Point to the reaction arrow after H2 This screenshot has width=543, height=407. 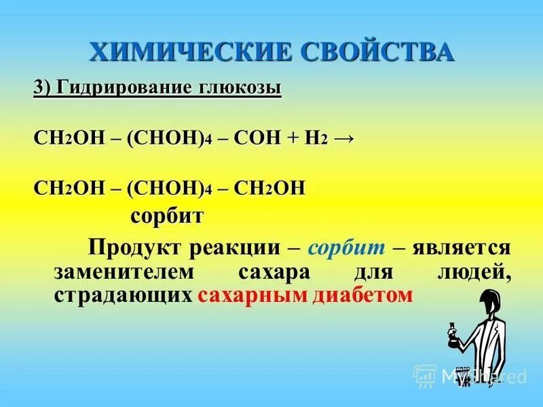(343, 138)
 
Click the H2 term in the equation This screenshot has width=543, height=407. (316, 138)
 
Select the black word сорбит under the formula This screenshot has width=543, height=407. (166, 217)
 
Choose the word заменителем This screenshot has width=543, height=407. (123, 271)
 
